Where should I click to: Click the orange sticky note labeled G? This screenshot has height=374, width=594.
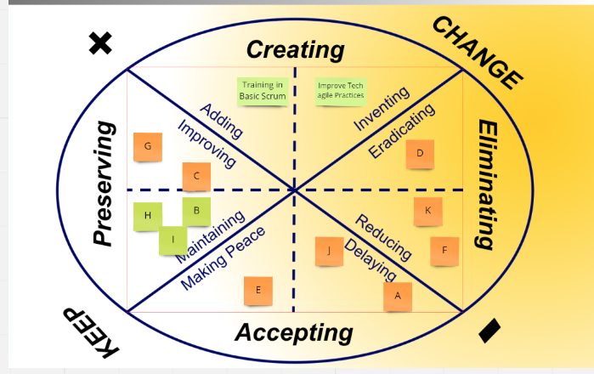pyautogui.click(x=148, y=146)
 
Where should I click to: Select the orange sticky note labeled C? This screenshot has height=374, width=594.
pyautogui.click(x=196, y=176)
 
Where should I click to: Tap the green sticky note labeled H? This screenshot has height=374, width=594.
pyautogui.click(x=148, y=216)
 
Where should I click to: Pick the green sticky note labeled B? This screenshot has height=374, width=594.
pyautogui.click(x=196, y=210)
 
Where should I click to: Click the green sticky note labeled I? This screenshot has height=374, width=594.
pyautogui.click(x=173, y=240)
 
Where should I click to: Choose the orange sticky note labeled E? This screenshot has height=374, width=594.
pyautogui.click(x=258, y=291)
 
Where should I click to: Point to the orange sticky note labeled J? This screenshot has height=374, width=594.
pyautogui.click(x=328, y=251)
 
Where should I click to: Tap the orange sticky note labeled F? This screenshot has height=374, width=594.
pyautogui.click(x=444, y=251)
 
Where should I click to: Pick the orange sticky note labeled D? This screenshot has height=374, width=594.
pyautogui.click(x=420, y=154)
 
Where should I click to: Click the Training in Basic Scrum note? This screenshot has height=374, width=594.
pyautogui.click(x=262, y=91)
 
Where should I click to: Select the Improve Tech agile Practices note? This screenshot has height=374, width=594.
pyautogui.click(x=340, y=91)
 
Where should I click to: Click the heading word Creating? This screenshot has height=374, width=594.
pyautogui.click(x=295, y=49)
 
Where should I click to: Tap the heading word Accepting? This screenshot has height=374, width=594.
pyautogui.click(x=293, y=332)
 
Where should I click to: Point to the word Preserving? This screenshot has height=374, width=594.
pyautogui.click(x=104, y=184)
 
